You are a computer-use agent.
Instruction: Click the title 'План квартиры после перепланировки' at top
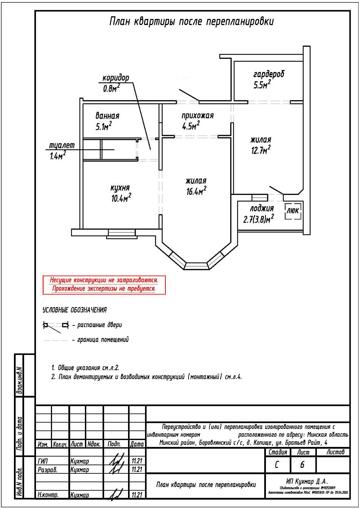[191, 22]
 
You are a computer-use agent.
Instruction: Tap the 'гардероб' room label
[268, 74]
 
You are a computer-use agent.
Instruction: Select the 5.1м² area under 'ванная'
[104, 127]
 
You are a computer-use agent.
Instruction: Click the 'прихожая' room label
[197, 116]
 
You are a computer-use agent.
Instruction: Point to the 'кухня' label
[120, 188]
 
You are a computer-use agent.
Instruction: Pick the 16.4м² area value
[196, 191]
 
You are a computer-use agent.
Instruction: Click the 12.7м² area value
[260, 150]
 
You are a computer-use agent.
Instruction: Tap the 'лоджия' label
[262, 208]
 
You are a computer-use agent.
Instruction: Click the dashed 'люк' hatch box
[293, 211]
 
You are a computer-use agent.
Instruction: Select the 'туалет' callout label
[62, 146]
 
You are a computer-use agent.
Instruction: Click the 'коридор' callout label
[115, 78]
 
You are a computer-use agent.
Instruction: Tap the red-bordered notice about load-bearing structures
[104, 285]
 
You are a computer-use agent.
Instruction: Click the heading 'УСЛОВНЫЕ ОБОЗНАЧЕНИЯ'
[74, 310]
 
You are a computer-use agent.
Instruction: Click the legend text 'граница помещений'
[103, 340]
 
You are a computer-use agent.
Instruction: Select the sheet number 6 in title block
[302, 465]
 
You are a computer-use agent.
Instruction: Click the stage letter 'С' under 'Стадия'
[277, 465]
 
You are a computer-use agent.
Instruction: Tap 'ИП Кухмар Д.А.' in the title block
[307, 482]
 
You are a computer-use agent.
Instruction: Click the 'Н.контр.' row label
[48, 495]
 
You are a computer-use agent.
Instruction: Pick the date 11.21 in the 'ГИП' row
[137, 461]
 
